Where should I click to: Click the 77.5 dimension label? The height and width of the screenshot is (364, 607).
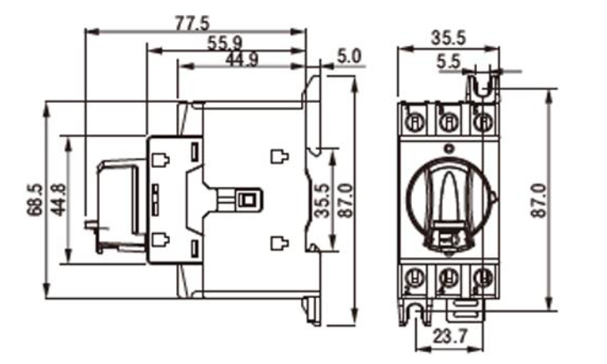pos(193,23)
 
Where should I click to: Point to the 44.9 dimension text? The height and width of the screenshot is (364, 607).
pos(242,59)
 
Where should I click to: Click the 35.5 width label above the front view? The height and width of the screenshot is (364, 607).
pos(449,38)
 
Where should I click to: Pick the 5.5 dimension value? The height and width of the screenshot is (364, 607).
pos(448,61)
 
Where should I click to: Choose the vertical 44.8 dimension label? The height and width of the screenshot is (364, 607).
pos(58,199)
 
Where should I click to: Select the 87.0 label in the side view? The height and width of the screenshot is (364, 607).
pos(343,199)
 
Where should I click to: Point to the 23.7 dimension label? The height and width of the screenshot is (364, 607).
pos(449,336)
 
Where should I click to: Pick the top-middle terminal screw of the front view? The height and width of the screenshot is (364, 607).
pos(448,122)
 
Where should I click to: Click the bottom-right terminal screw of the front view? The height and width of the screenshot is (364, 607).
pos(482,275)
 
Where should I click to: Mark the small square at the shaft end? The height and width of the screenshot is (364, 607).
pos(246,200)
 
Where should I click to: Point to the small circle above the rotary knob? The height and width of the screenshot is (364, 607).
pos(449,149)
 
